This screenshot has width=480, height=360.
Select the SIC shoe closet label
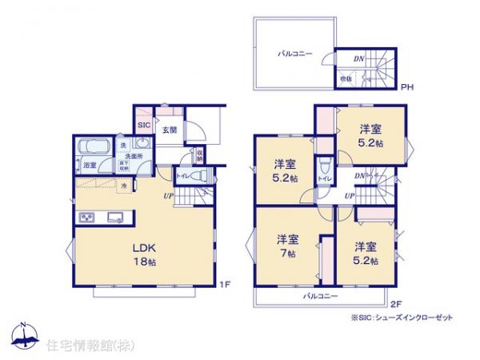pyautogui.click(x=144, y=126)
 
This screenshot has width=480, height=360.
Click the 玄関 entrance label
pyautogui.click(x=170, y=130)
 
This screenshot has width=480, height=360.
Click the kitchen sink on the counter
pyautogui.click(x=113, y=214)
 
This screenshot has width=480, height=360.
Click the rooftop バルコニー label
pyautogui.click(x=295, y=54)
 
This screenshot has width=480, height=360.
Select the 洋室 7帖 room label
pyautogui.click(x=287, y=246)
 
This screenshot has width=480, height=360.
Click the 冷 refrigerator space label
pyautogui.click(x=125, y=186)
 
